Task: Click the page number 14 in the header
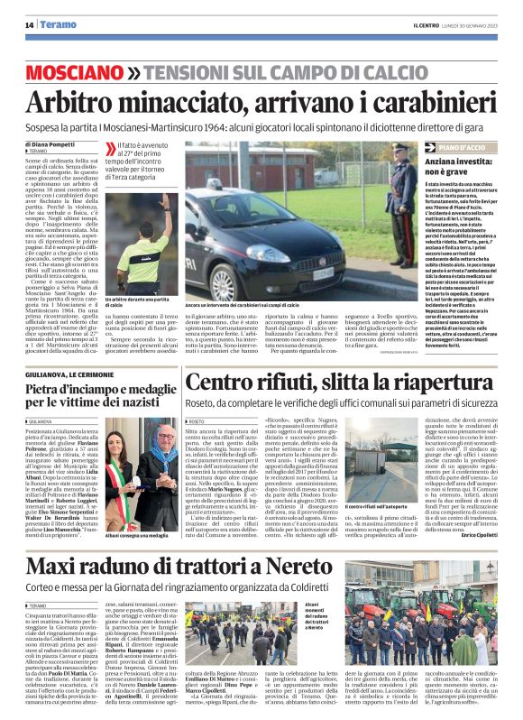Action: pos(30,24)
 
